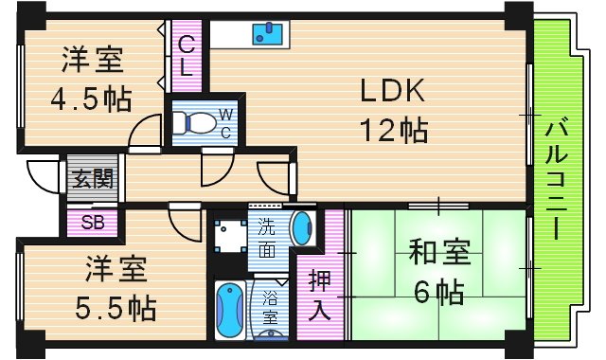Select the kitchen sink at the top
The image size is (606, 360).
pos(267,34)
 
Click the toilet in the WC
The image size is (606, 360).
pos(195,121)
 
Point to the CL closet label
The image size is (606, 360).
pos(187,56)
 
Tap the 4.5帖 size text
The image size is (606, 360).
pos(92,99)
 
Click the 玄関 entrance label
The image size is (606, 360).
pos(92,177)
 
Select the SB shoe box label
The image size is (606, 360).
pos(92,224)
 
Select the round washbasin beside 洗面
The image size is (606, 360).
pos(301,228)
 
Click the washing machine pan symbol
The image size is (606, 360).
pos(227,233)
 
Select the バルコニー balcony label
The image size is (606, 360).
pos(557,177)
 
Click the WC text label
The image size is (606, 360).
pos(226,122)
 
